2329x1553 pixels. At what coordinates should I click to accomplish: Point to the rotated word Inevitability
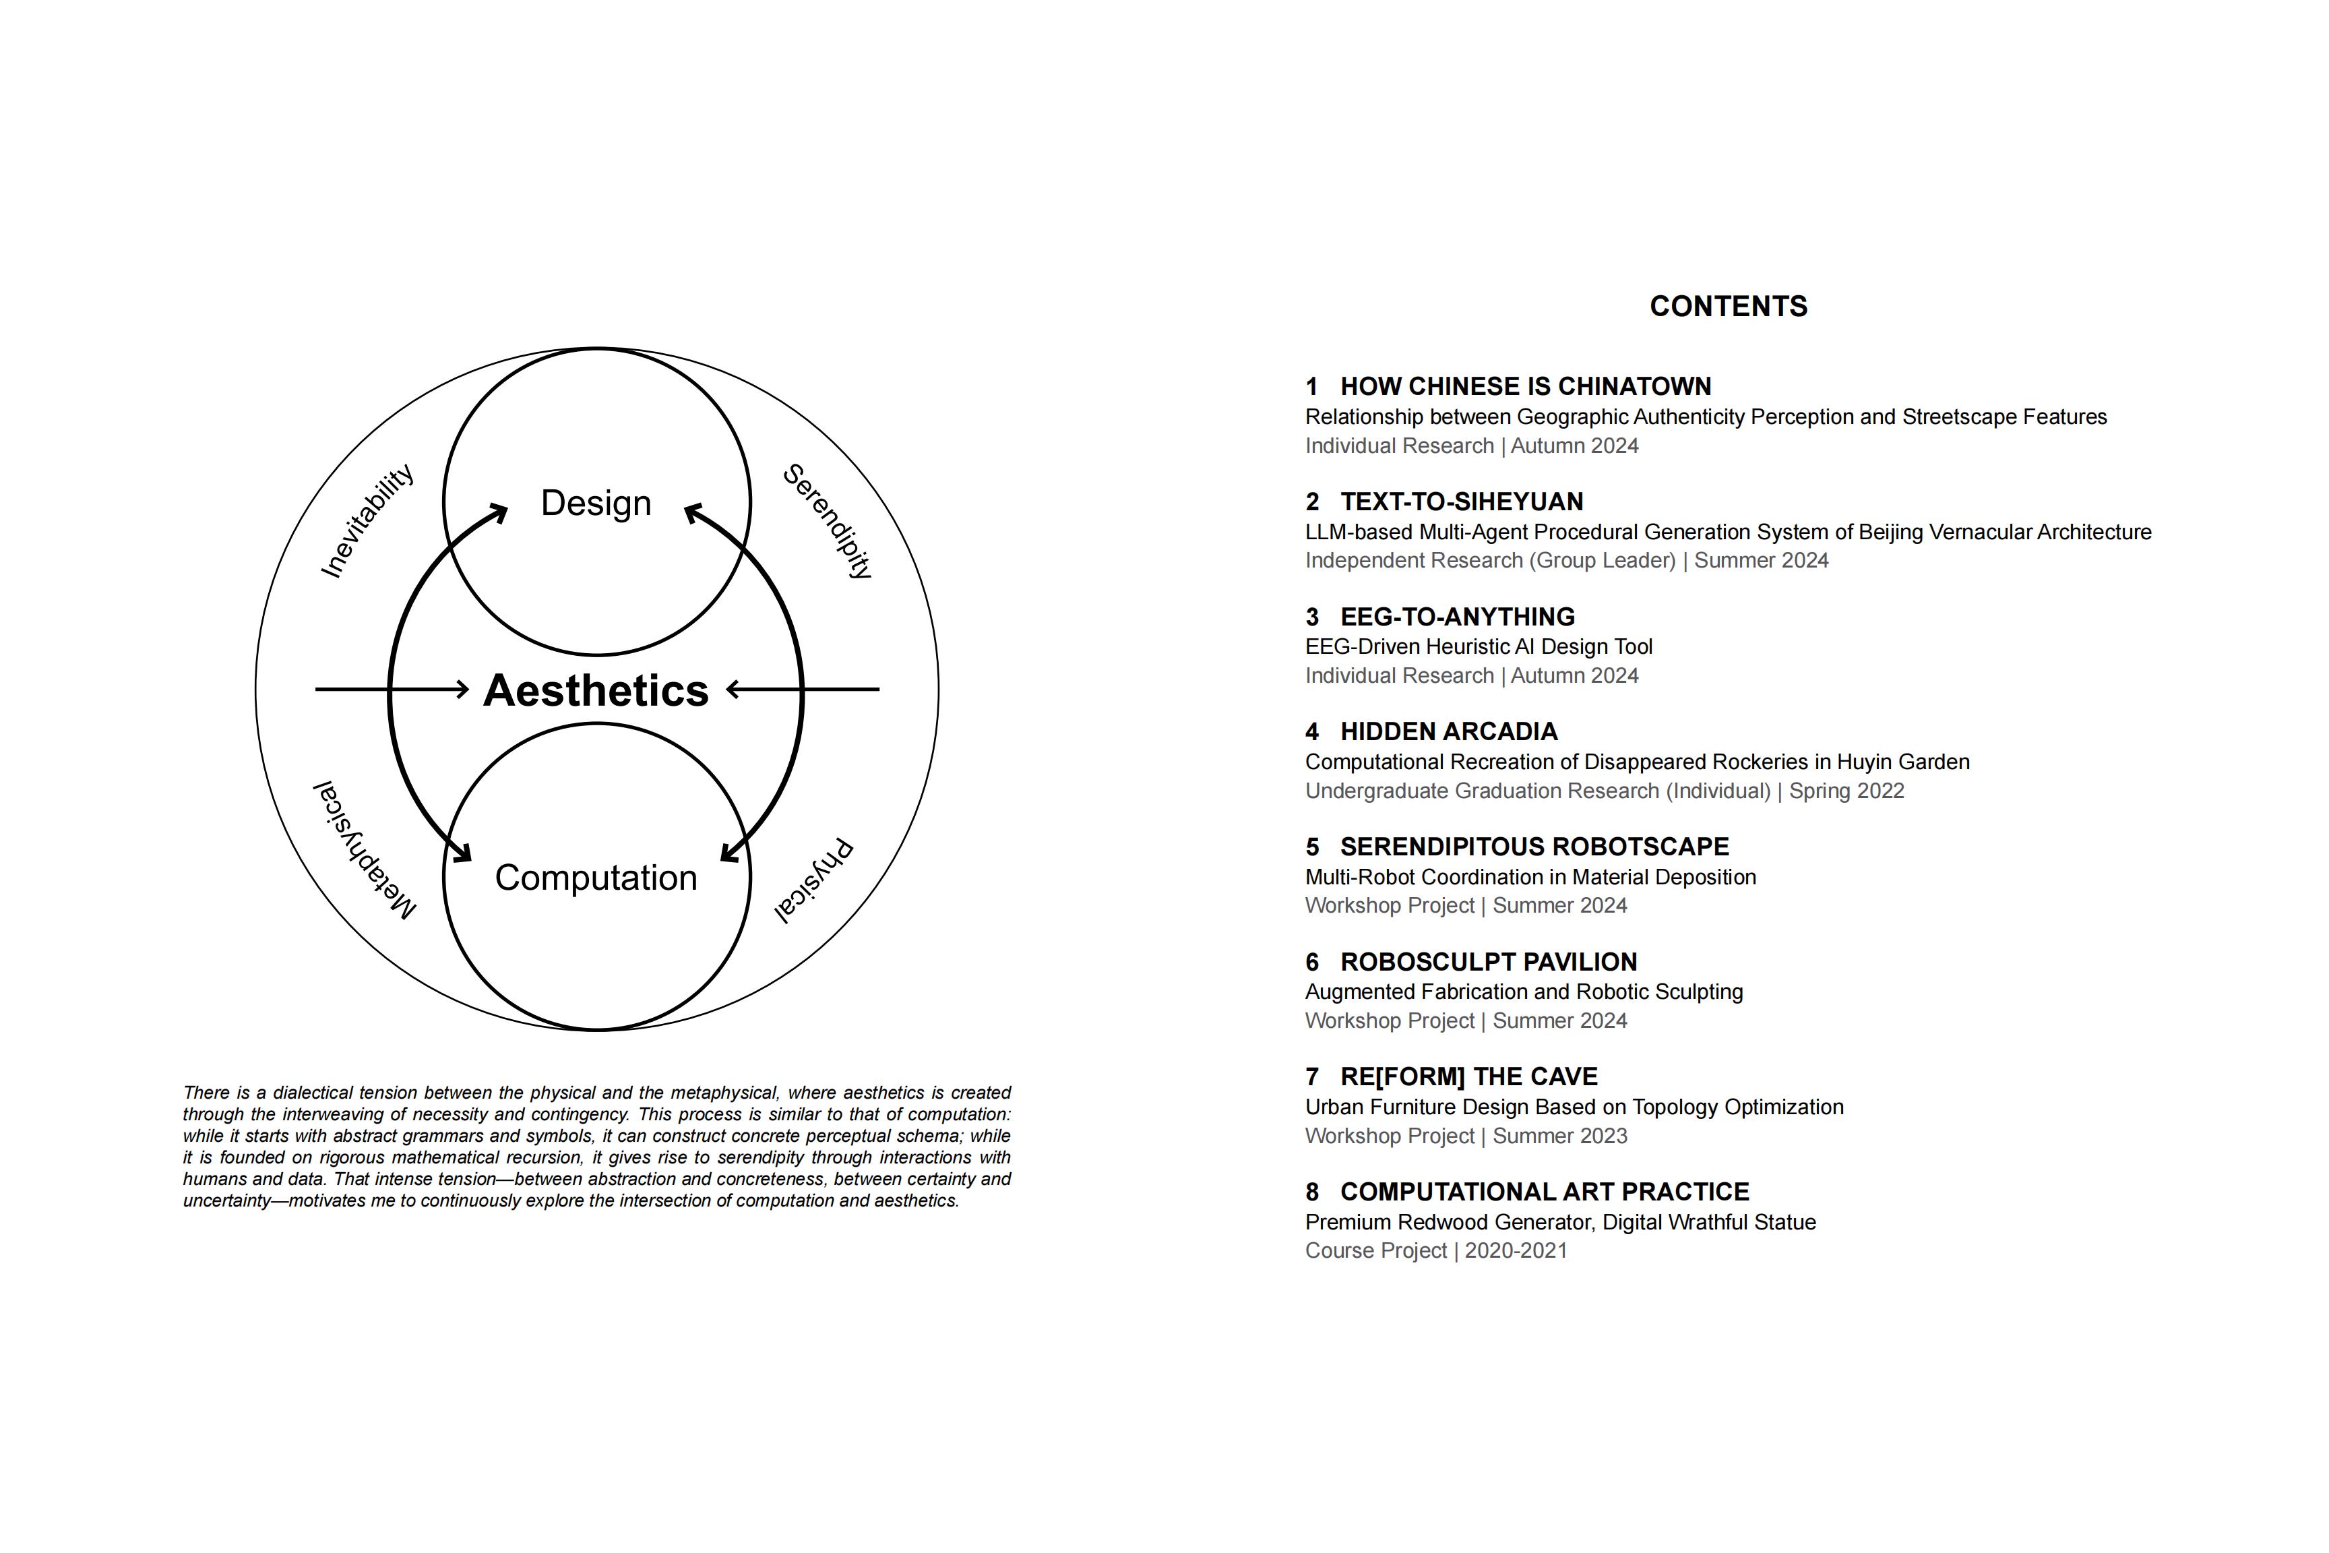[x=367, y=521]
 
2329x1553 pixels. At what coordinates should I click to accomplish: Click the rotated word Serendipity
[x=828, y=521]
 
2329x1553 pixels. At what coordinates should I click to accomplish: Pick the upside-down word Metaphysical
[x=365, y=850]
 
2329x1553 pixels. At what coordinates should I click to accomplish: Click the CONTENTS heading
[x=1728, y=306]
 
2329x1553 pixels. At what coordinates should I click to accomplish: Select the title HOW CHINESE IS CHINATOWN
[x=1525, y=386]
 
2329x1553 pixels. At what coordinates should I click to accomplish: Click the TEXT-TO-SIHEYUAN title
[x=1462, y=501]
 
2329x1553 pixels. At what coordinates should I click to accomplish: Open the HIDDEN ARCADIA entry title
[x=1449, y=732]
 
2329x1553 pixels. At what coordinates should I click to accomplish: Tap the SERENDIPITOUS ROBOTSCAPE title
[x=1534, y=847]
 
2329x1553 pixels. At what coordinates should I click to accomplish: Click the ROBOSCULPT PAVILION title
[x=1488, y=962]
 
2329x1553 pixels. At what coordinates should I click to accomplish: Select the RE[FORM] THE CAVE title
[x=1468, y=1076]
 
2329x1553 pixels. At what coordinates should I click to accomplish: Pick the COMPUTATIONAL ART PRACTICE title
[x=1545, y=1192]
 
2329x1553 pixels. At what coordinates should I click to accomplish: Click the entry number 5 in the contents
[x=1312, y=847]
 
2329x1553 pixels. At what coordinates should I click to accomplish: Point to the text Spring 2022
[x=1846, y=791]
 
